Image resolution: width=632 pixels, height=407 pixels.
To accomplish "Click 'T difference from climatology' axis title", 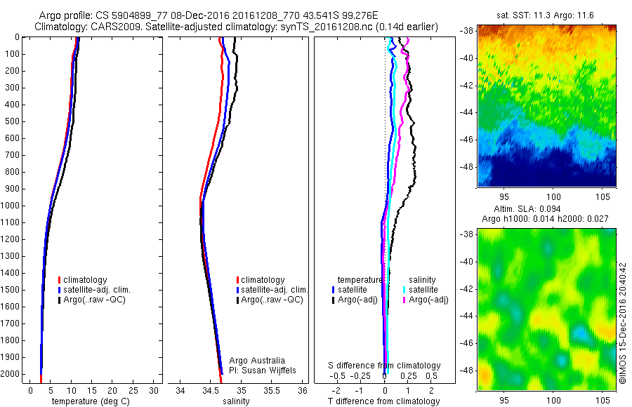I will [x=383, y=401].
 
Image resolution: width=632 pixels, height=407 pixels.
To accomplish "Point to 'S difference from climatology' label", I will [x=385, y=366].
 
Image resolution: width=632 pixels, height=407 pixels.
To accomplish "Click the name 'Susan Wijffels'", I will [x=270, y=370].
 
